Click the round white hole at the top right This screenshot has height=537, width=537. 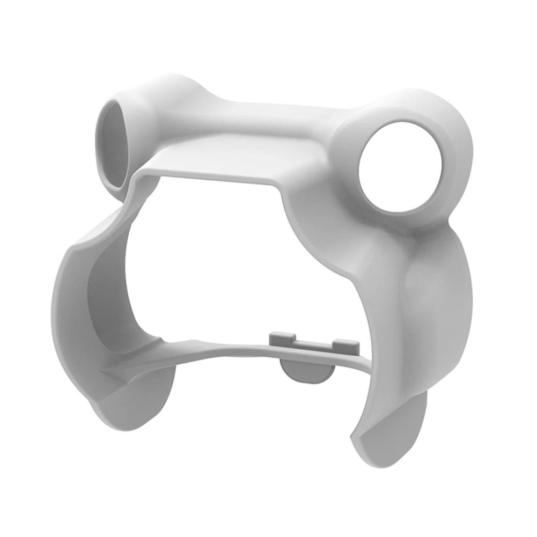pyautogui.click(x=400, y=166)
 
